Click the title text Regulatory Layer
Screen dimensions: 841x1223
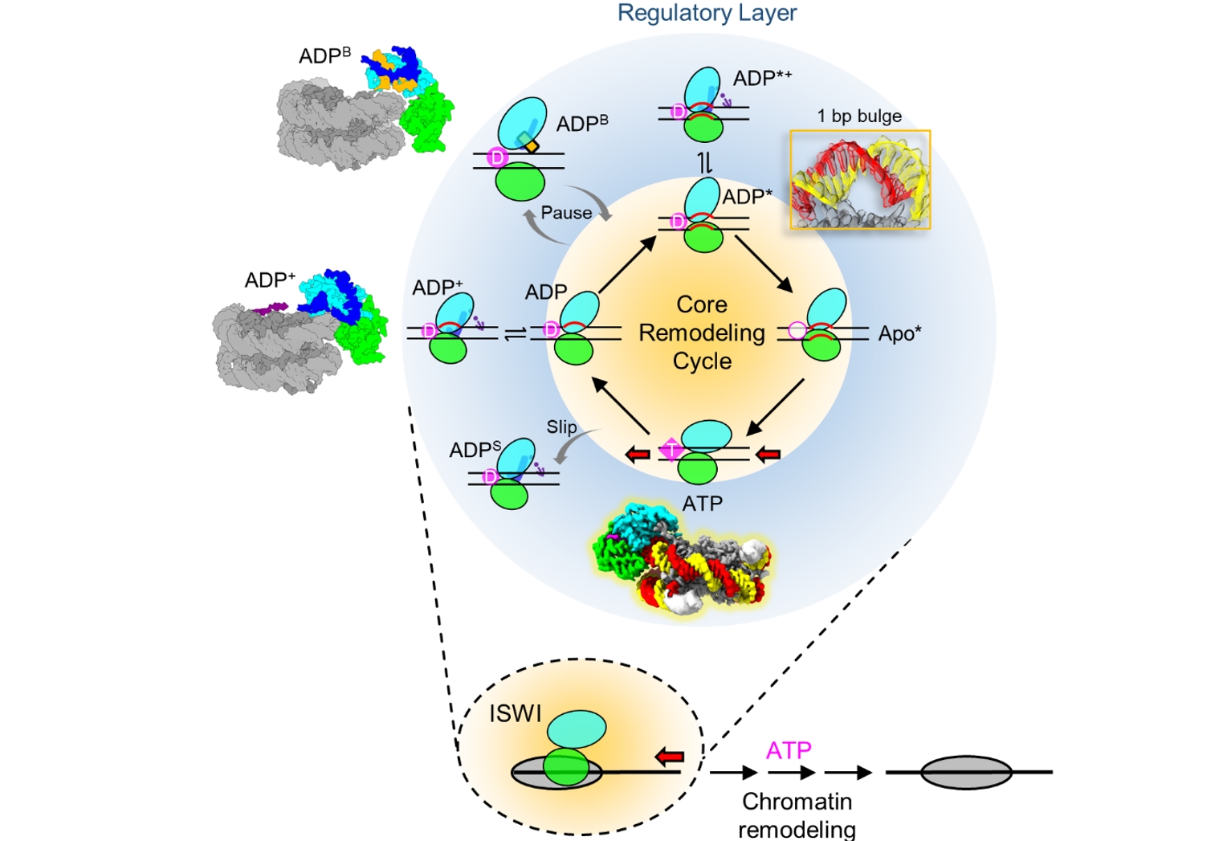(707, 13)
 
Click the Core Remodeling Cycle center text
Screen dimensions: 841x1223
(702, 333)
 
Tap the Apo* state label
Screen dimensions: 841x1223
(899, 334)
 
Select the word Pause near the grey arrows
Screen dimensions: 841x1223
(566, 213)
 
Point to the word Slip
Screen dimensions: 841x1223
(561, 427)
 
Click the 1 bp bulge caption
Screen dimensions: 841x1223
(859, 116)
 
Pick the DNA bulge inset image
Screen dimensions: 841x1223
(860, 180)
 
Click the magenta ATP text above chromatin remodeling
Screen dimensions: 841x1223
(789, 750)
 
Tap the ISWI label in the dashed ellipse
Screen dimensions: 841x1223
(516, 713)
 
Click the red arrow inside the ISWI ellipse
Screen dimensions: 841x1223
(669, 756)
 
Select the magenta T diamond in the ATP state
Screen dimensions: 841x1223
(671, 450)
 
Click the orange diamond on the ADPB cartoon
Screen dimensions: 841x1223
(531, 146)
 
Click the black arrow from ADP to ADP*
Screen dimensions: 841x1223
(627, 265)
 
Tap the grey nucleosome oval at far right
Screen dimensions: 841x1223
(965, 772)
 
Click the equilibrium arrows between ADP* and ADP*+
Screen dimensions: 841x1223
(704, 163)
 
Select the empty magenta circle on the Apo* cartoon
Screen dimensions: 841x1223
(797, 330)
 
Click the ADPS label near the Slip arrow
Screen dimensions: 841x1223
(475, 450)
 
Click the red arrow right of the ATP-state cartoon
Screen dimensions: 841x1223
(768, 455)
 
